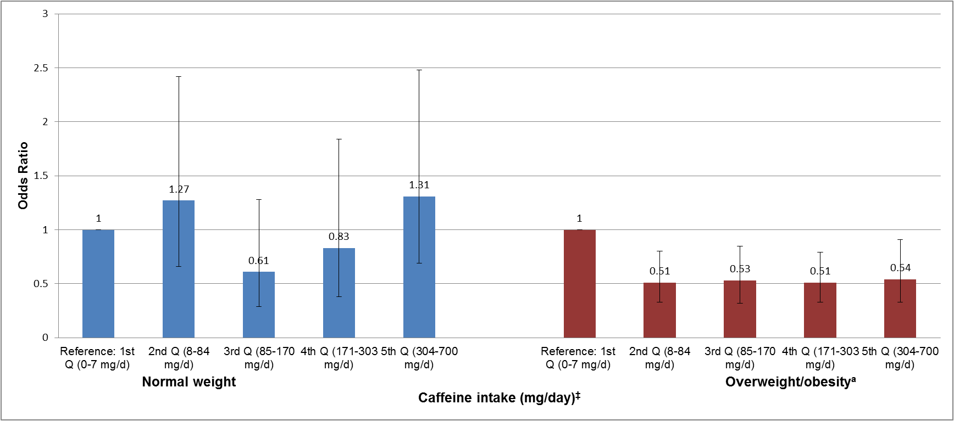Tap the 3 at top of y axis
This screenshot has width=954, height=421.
coord(45,14)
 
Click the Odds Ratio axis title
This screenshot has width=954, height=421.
coord(23,176)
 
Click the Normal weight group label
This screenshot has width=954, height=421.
coord(189,382)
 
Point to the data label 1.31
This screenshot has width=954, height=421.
coord(419,185)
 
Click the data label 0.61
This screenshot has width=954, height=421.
coord(259,261)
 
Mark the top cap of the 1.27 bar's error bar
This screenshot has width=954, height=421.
coord(179,77)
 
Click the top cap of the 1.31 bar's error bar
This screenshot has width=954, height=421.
coord(419,70)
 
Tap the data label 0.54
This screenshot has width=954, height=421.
coord(900,268)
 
